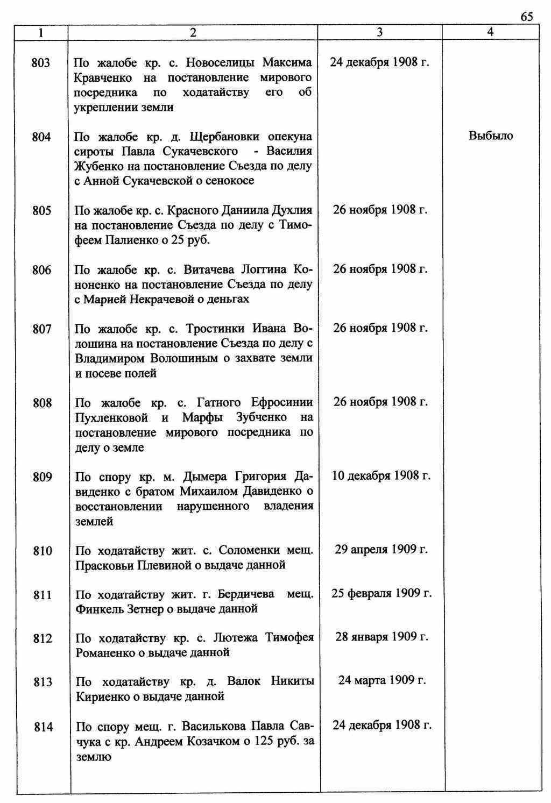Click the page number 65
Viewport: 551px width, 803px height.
pos(527,17)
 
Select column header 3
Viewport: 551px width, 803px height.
pos(379,32)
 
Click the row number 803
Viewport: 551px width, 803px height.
pos(41,63)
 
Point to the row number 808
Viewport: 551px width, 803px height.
pos(42,403)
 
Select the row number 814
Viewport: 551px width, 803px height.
pos(43,727)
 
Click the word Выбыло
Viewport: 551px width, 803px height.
pos(491,136)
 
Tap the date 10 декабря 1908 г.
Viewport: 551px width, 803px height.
pos(381,475)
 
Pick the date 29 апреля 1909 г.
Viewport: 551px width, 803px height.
pos(381,549)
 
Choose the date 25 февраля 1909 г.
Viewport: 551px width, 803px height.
pos(382,593)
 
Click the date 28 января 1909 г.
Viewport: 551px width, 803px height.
pos(382,637)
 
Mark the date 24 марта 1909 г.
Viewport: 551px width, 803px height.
pos(382,680)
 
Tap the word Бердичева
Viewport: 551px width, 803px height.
pos(246,594)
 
